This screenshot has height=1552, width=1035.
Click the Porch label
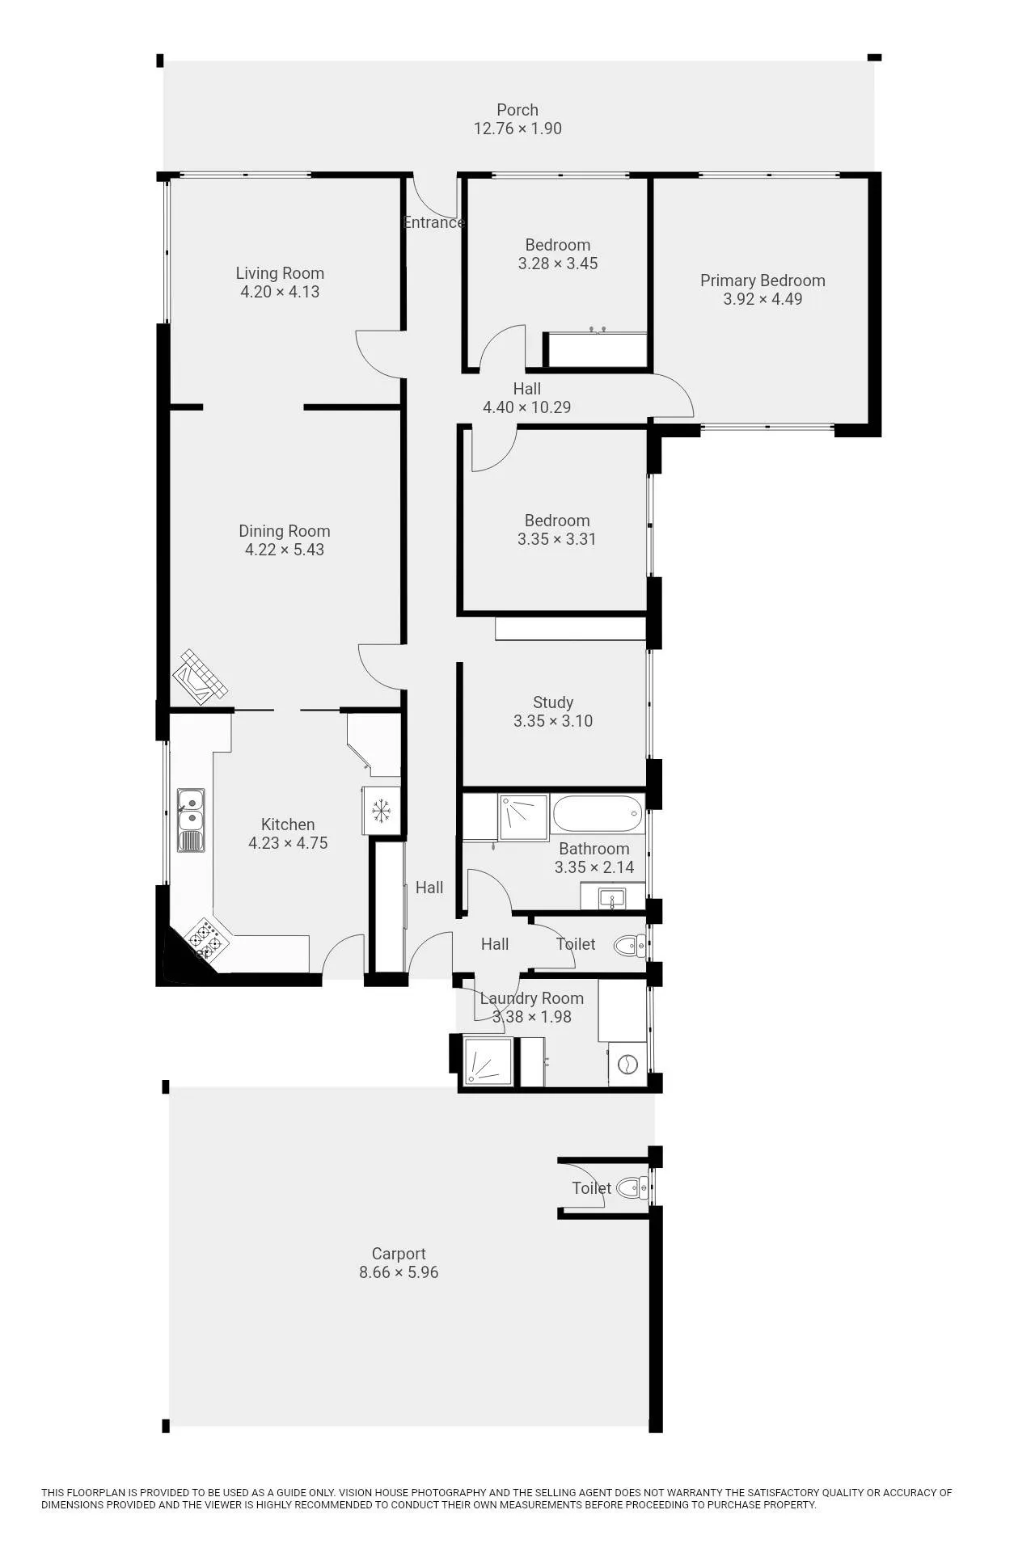[517, 110]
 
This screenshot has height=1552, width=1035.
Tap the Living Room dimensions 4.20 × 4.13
[280, 292]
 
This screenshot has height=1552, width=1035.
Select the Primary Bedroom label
[763, 280]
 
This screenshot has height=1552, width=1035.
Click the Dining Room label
[284, 531]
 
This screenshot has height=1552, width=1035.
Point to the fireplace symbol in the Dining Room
[199, 677]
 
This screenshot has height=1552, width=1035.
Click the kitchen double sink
[191, 820]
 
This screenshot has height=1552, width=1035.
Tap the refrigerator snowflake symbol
[381, 810]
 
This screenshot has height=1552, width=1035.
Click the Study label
[553, 702]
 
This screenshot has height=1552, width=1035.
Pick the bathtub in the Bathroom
[598, 814]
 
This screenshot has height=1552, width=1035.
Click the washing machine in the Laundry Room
[627, 1065]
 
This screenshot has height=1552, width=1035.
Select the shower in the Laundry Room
[488, 1062]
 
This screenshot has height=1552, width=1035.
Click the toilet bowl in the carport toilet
[632, 1187]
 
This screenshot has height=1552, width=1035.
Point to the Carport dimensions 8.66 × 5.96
[399, 1272]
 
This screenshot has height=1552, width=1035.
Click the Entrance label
[433, 222]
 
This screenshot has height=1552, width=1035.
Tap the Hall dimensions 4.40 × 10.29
[527, 407]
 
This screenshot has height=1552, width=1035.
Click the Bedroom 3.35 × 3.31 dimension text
[557, 539]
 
